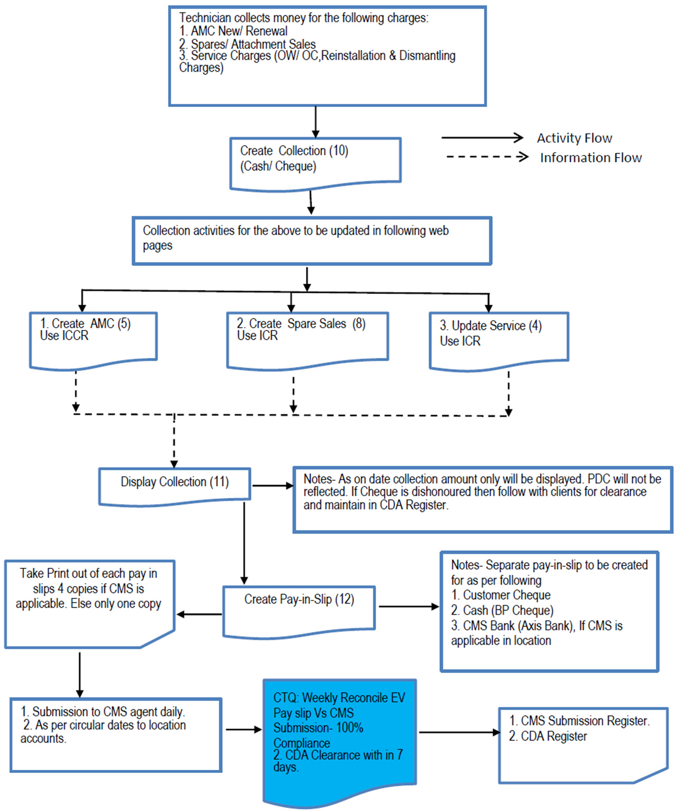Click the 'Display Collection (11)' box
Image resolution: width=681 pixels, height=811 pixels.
(174, 485)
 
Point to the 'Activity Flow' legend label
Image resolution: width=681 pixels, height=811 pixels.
(574, 138)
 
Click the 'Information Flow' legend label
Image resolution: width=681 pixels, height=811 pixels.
(590, 158)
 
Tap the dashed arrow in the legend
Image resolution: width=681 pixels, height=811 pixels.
(487, 157)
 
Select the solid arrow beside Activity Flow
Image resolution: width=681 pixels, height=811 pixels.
(482, 137)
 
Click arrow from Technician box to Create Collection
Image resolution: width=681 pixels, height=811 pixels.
(316, 121)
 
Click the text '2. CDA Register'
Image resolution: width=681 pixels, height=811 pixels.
(548, 736)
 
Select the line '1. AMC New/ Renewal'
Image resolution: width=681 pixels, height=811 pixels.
(233, 31)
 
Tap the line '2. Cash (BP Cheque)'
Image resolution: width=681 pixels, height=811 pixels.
(502, 610)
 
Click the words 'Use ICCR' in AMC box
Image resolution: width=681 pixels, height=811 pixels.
(64, 335)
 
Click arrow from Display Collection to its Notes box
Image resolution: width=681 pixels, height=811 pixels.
(272, 485)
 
